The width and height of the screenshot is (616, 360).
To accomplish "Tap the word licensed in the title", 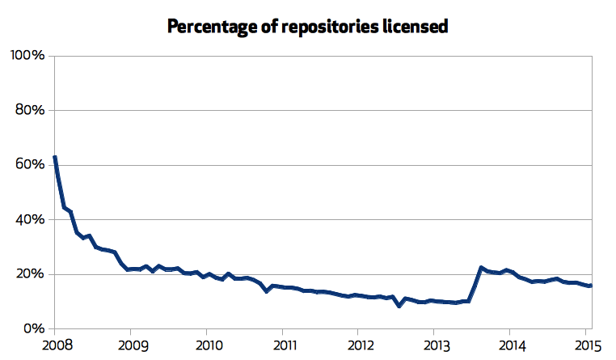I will coord(414,26).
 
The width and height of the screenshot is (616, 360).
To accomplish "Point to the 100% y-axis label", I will coord(27,55).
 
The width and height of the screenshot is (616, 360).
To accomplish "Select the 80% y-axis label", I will coord(30,110).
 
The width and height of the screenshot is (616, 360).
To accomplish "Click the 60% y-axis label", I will coord(30,165).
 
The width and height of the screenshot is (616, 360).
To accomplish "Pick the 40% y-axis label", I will coord(30,219).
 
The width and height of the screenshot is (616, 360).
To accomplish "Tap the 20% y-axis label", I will coord(30,274).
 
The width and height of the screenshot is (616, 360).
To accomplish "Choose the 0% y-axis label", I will coord(33,329).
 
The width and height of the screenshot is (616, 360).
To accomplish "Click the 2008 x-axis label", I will coord(54,345).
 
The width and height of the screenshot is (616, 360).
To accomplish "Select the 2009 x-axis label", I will coord(130,345).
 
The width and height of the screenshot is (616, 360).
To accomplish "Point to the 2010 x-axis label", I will coord(206,345).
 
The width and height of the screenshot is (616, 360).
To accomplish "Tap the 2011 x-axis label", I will coord(282,345).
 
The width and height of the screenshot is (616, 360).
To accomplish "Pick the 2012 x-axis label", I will coord(358,345).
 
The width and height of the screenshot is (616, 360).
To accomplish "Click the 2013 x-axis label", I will coord(434,345).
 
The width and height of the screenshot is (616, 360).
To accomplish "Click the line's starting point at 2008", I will coord(54,157).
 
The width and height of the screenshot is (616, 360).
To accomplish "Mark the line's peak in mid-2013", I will coord(481,267).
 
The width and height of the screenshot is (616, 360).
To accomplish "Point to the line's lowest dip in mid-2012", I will coord(399,306).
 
